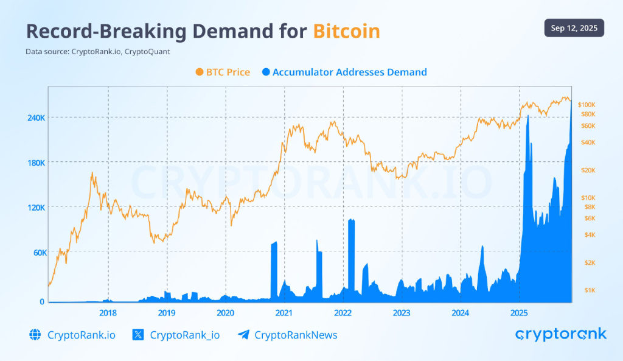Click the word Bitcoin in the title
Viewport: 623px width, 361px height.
(347, 32)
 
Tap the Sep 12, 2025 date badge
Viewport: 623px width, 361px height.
(574, 28)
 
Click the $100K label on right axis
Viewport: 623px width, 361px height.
(590, 105)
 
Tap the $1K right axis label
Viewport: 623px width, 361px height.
(589, 290)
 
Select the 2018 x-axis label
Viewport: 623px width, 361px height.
(108, 313)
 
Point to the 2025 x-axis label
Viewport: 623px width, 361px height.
(519, 313)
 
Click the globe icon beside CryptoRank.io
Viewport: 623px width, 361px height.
(35, 335)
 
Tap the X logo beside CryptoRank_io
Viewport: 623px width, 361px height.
(138, 335)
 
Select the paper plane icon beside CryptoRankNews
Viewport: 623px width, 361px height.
(243, 335)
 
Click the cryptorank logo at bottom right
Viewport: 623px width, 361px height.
(560, 334)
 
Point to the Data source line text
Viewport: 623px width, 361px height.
(97, 52)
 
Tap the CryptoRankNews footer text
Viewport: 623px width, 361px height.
(296, 335)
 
